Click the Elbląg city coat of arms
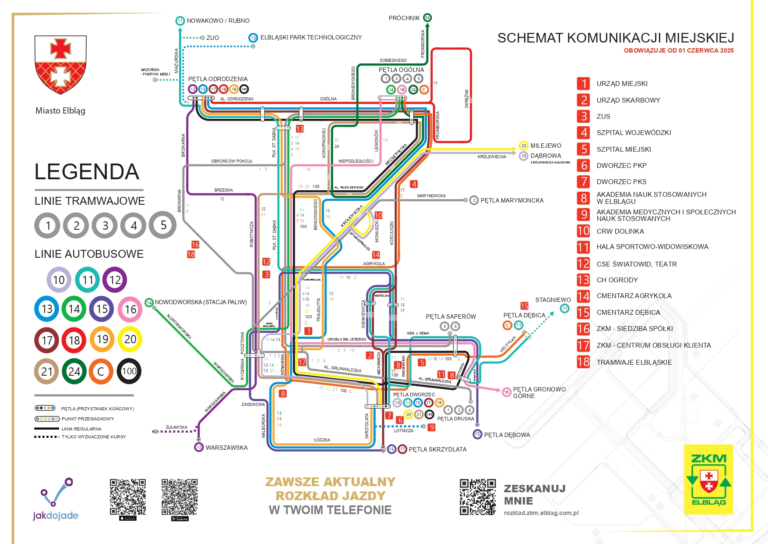(x=60, y=64)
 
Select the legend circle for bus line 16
(x=130, y=309)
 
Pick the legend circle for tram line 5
(x=163, y=225)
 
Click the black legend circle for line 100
(x=129, y=371)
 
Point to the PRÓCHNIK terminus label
(x=404, y=18)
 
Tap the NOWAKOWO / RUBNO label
(x=218, y=21)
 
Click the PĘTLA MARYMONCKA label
(x=511, y=200)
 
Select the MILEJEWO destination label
(x=546, y=146)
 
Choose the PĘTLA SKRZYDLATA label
(x=437, y=449)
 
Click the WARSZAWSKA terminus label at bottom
(x=226, y=448)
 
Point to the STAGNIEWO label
(x=553, y=300)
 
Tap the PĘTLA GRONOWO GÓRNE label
(x=539, y=392)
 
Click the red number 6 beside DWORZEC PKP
(x=584, y=165)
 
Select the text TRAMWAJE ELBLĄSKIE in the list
(x=634, y=362)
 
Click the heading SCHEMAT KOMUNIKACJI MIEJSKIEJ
(x=615, y=38)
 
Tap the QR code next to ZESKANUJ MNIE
(x=477, y=497)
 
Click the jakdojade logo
(x=56, y=500)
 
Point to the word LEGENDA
(x=87, y=172)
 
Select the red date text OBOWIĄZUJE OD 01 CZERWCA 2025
(x=678, y=50)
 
